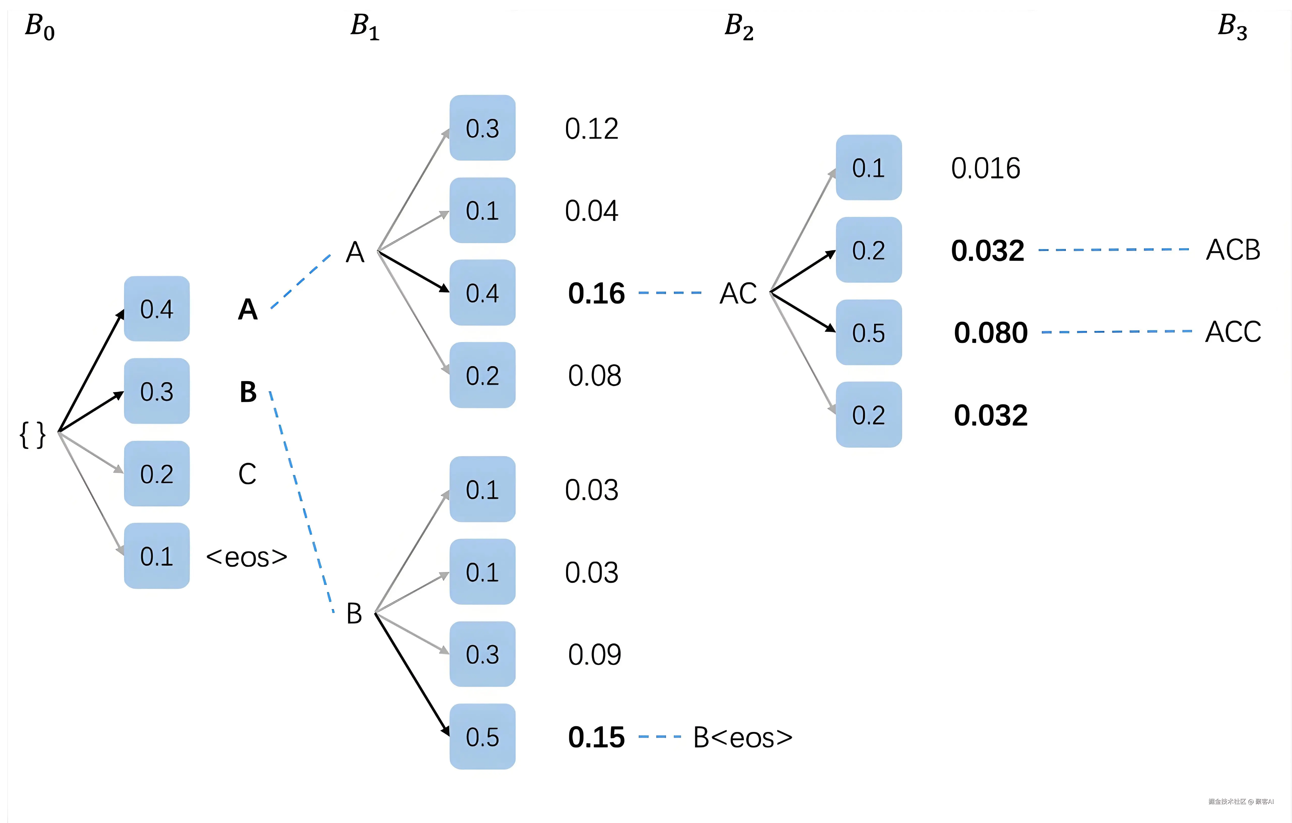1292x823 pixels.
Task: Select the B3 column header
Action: (1232, 27)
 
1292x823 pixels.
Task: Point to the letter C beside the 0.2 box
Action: (247, 474)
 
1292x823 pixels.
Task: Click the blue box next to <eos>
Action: (157, 556)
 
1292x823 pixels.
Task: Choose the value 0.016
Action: (985, 168)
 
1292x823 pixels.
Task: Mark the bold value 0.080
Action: (990, 333)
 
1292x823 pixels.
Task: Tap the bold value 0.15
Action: (596, 738)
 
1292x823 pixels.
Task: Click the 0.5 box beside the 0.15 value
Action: (482, 737)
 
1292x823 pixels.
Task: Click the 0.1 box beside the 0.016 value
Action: (869, 168)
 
